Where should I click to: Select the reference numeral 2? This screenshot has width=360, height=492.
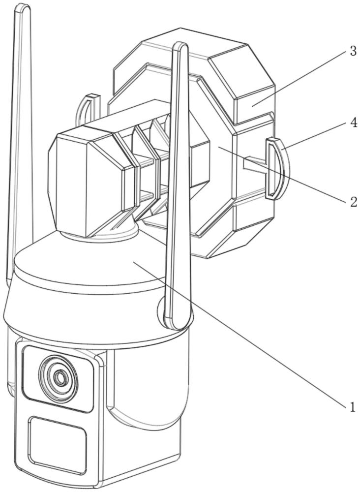[354, 201]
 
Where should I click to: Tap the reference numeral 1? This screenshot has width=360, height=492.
[353, 407]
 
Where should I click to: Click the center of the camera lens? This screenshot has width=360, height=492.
[59, 377]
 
